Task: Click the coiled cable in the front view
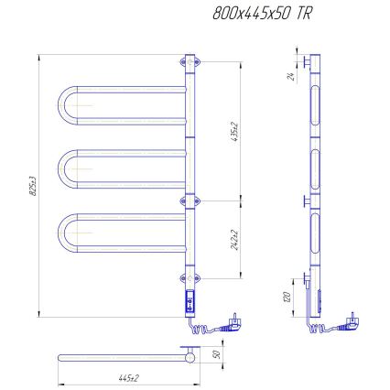click(206, 325)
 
